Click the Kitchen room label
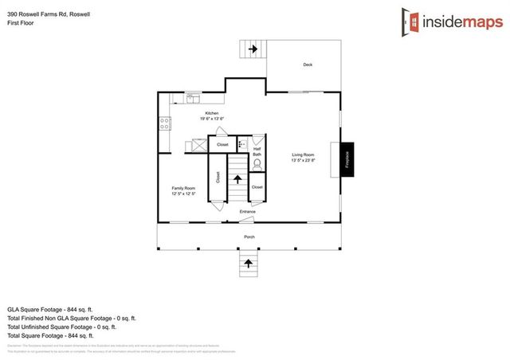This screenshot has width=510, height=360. click(212, 113)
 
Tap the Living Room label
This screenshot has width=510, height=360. click(303, 155)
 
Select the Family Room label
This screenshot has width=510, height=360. click(183, 188)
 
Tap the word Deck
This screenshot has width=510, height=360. click(308, 65)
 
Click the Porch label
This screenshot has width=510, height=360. click(249, 237)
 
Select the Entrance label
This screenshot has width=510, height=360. click(248, 211)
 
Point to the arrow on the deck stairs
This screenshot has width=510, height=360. click(253, 49)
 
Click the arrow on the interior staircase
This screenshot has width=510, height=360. click(237, 180)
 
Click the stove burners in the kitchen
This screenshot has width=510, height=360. click(165, 123)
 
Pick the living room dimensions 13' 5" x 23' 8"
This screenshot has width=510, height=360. click(303, 160)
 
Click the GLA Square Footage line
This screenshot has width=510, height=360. click(51, 308)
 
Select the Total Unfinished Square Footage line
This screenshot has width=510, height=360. click(61, 327)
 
